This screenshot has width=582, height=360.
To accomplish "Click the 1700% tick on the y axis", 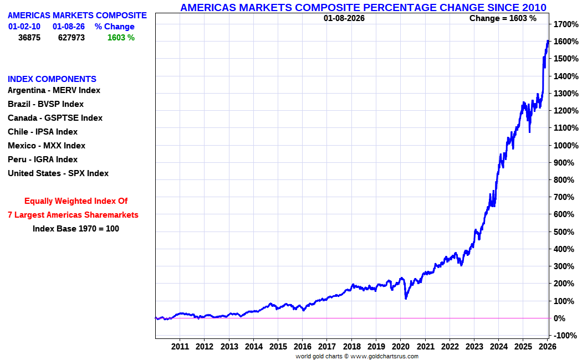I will tap(565, 24).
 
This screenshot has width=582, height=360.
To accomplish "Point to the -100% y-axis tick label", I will tap(565, 336).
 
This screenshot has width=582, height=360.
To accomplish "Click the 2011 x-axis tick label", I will tap(180, 347).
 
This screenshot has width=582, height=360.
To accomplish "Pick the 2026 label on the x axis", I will tap(548, 347).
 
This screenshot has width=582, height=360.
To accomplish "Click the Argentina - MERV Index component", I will tap(54, 90).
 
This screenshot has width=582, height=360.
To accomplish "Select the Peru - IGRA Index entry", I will tap(43, 160).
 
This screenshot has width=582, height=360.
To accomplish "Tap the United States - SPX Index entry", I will tap(58, 173).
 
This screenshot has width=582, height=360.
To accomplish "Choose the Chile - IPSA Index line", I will tap(43, 132).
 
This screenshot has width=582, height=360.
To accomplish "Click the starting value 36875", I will tap(29, 38).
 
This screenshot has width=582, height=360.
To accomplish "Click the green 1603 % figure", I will tap(121, 38).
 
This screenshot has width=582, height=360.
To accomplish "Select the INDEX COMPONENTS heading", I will tap(52, 79).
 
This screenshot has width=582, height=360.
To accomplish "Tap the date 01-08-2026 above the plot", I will tap(344, 18).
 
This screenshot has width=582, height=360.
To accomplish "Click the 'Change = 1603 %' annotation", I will tap(503, 18).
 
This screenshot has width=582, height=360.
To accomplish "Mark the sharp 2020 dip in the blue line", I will tap(406, 298).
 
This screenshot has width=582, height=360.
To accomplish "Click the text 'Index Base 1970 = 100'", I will tap(76, 228).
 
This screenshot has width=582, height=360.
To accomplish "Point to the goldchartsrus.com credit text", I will tap(357, 356).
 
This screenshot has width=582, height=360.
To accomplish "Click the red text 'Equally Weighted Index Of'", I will tap(76, 201).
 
